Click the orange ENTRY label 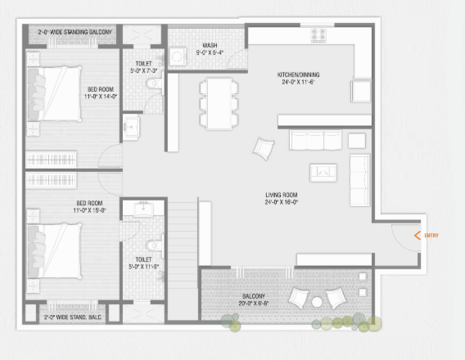click(x=431, y=236)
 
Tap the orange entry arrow click(x=418, y=236)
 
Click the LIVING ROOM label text click(x=281, y=195)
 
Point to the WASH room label click(x=209, y=46)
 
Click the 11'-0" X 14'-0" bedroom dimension click(x=102, y=96)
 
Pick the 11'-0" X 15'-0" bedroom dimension click(x=92, y=210)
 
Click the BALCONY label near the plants click(x=253, y=296)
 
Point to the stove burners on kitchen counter click(x=318, y=35)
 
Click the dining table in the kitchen click(x=218, y=103)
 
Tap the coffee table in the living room click(x=323, y=172)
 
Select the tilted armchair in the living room click(x=264, y=148)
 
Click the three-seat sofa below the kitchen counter click(x=315, y=142)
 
